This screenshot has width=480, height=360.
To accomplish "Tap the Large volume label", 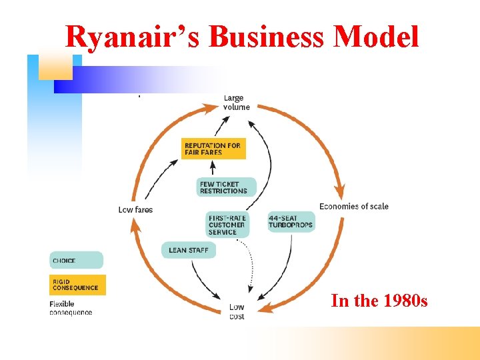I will (236, 103).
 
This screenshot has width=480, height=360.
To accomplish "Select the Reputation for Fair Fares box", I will (213, 149).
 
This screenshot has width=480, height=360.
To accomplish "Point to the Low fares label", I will (135, 210).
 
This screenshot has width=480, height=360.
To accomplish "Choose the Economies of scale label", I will (353, 206).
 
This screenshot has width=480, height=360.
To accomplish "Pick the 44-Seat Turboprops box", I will (291, 222).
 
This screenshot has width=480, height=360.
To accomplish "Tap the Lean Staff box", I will (189, 250).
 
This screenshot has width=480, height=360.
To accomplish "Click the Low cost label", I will (237, 311).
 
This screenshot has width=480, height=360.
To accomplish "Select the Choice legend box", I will (76, 260).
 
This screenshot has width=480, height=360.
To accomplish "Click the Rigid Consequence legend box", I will (77, 285).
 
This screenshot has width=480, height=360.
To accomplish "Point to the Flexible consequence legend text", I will (71, 308).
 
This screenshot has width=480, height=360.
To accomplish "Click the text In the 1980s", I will (379, 301).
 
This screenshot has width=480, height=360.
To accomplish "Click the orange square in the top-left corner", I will (55, 67).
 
